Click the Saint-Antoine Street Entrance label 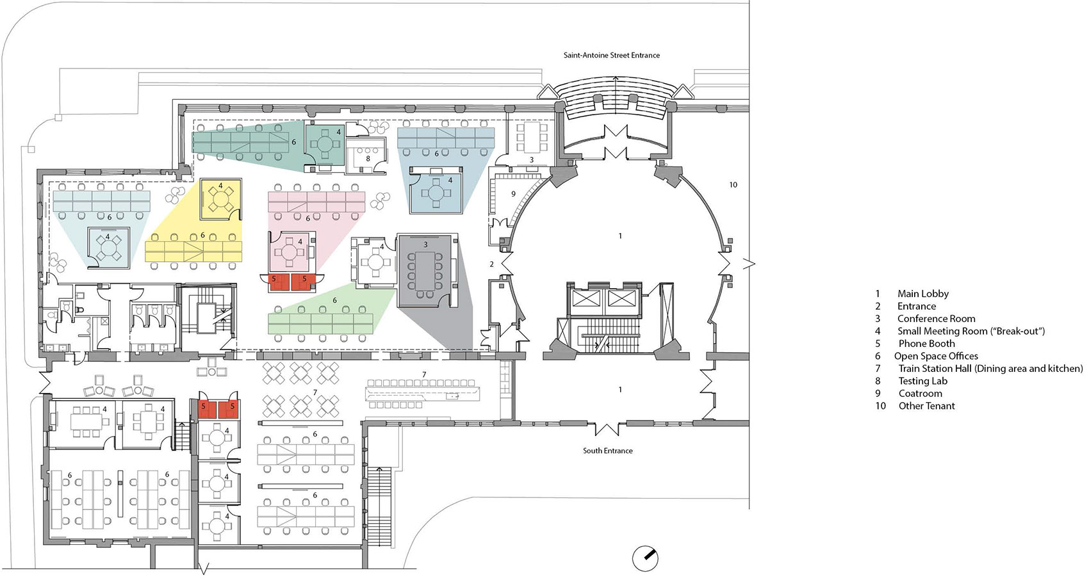pyautogui.click(x=612, y=56)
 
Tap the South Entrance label pyautogui.click(x=608, y=451)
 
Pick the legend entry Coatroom pyautogui.click(x=908, y=394)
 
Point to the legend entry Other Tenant pyautogui.click(x=915, y=406)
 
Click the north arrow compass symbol pyautogui.click(x=645, y=558)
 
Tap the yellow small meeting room pyautogui.click(x=221, y=199)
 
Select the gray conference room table pyautogui.click(x=425, y=270)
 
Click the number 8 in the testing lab pyautogui.click(x=368, y=158)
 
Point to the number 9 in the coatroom pyautogui.click(x=513, y=194)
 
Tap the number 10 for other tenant pyautogui.click(x=733, y=184)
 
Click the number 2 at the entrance pyautogui.click(x=491, y=264)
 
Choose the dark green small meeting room pyautogui.click(x=324, y=146)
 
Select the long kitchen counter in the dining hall pyautogui.click(x=423, y=394)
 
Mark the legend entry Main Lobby pyautogui.click(x=912, y=293)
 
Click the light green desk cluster pyautogui.click(x=321, y=323)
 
